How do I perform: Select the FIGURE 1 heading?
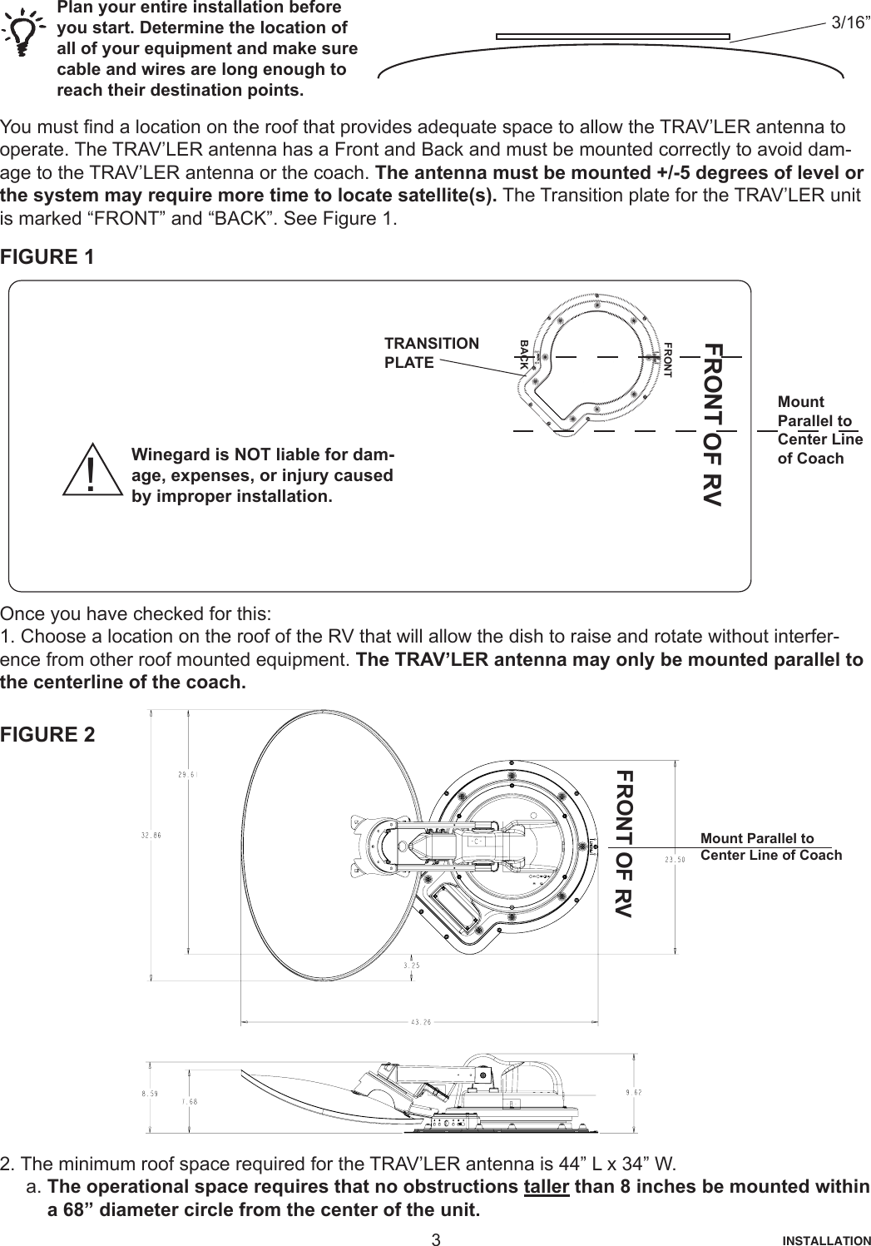click(47, 256)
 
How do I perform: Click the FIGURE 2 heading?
click(47, 735)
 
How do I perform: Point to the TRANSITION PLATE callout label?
click(431, 353)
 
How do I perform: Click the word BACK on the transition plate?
click(524, 355)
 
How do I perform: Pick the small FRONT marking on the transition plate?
click(667, 359)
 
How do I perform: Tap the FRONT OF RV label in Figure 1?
click(713, 424)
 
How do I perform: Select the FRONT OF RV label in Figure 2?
click(622, 843)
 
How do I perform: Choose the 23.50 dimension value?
click(675, 860)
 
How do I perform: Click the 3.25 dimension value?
click(411, 966)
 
